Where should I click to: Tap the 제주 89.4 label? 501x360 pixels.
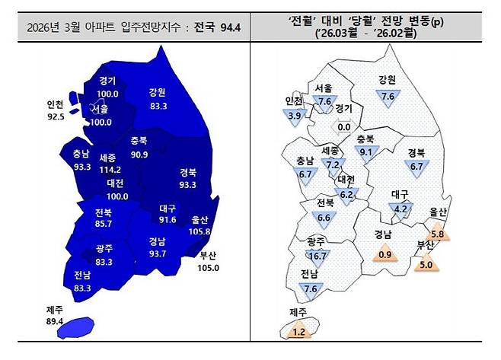[57, 315]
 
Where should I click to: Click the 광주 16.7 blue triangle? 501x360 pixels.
[318, 255]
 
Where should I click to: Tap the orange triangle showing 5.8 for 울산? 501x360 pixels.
[437, 233]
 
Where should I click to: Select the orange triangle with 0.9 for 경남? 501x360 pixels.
[385, 253]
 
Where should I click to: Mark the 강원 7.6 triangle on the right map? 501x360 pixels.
[387, 96]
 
